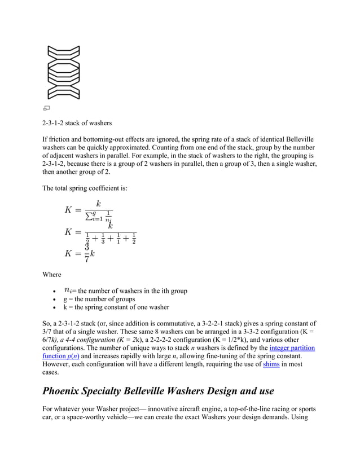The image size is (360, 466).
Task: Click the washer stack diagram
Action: [x=64, y=72]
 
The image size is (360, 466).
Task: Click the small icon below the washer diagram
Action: [x=47, y=107]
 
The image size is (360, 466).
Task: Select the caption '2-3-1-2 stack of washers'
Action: [x=77, y=123]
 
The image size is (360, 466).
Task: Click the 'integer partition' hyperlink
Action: [x=292, y=348]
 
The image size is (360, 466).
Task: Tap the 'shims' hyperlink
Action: [x=270, y=364]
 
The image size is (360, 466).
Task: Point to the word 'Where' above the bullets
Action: [x=52, y=275]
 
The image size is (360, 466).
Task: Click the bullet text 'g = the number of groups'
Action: [x=99, y=299]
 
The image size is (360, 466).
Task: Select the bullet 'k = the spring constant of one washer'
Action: [x=116, y=307]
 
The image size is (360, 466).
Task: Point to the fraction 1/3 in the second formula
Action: [x=103, y=239]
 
